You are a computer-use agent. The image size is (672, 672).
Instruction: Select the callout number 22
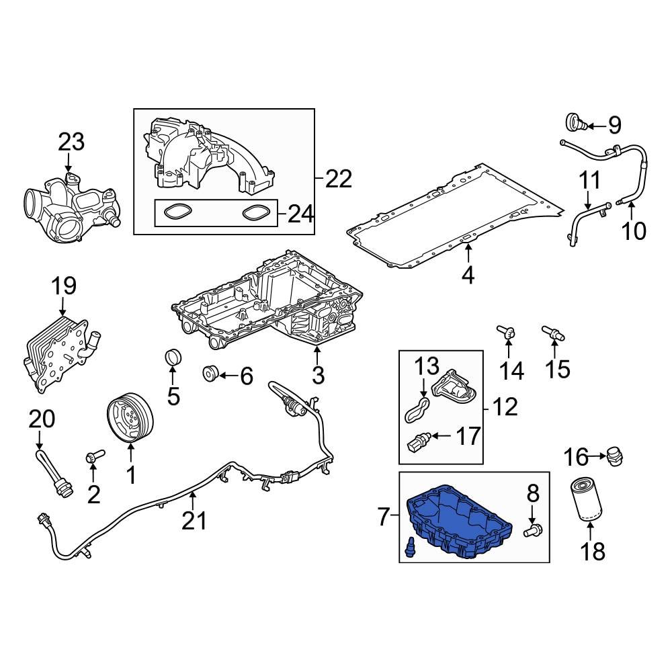(x=339, y=179)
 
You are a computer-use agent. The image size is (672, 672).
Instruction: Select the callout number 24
(x=300, y=214)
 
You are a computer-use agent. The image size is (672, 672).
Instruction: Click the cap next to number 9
(x=574, y=123)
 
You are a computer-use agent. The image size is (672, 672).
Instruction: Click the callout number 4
(x=468, y=274)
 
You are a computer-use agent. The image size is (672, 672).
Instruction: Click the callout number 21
(x=194, y=519)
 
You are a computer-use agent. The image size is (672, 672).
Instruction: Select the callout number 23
(x=71, y=142)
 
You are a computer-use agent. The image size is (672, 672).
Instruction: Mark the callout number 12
(x=505, y=406)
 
